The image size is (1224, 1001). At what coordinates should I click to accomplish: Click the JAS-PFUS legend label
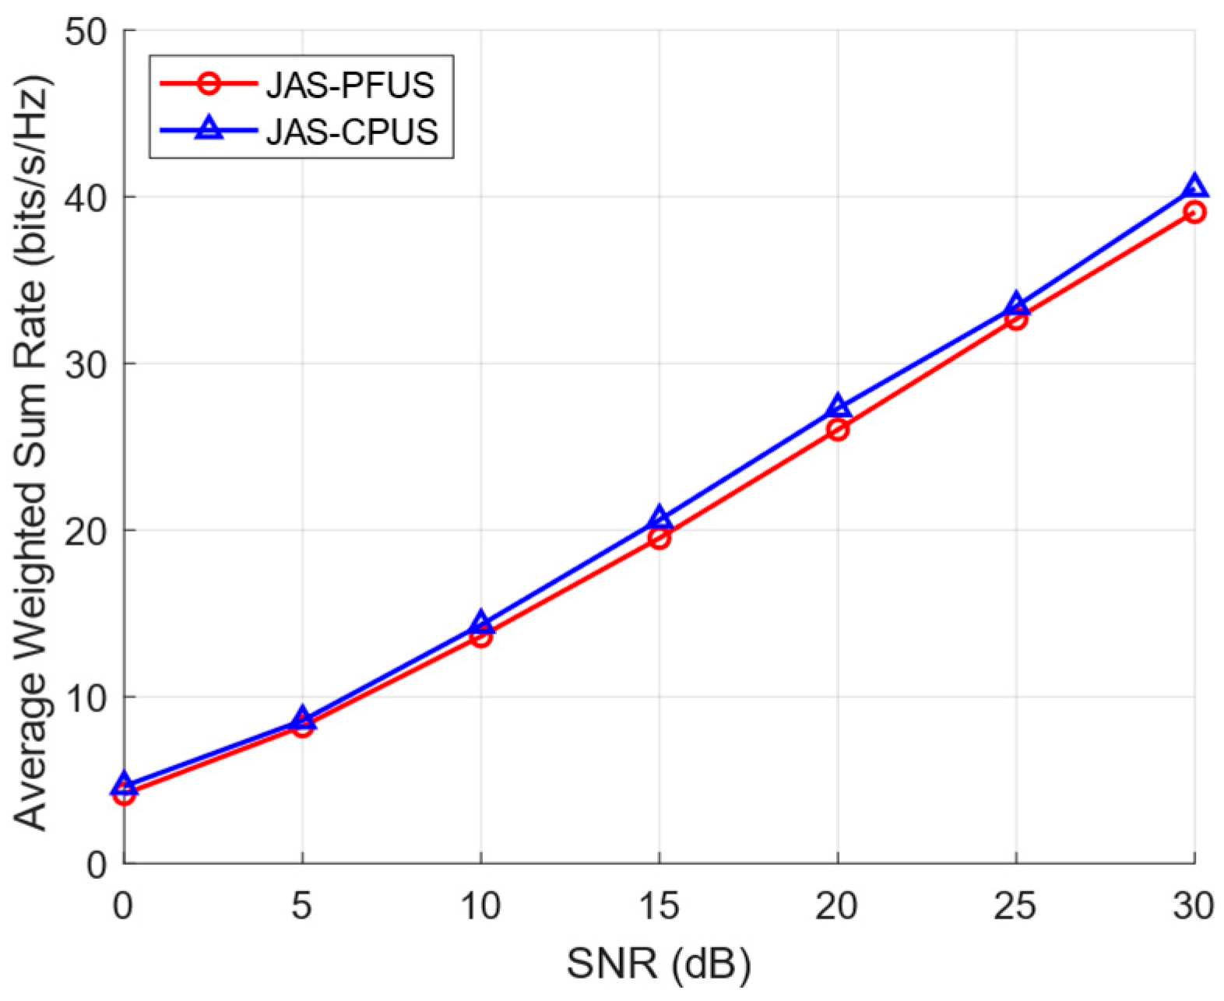click(350, 85)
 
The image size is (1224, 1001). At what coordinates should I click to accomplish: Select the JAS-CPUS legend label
click(352, 132)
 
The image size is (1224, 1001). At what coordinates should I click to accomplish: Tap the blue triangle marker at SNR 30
click(1194, 187)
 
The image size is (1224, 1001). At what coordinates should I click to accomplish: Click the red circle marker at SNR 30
click(1194, 212)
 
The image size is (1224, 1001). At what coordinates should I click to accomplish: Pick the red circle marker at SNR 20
click(837, 429)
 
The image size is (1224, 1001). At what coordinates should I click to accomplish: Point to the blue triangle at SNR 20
click(837, 406)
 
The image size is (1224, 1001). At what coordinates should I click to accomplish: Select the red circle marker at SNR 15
click(659, 538)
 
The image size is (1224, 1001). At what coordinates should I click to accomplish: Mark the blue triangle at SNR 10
click(480, 621)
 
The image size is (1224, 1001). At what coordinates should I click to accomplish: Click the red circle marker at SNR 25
click(1015, 318)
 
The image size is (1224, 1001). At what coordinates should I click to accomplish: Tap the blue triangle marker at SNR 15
click(659, 518)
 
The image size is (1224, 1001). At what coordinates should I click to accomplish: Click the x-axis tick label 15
click(659, 906)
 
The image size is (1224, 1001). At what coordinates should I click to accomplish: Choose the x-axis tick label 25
click(1015, 906)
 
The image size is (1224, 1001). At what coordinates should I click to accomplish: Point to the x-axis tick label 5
click(302, 906)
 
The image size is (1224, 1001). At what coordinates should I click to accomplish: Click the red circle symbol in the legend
click(209, 83)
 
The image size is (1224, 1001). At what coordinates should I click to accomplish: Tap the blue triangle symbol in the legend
click(209, 129)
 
